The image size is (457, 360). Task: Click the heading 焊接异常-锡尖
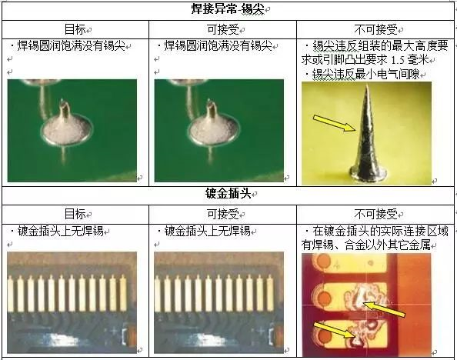click(228, 9)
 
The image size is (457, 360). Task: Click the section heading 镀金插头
click(228, 194)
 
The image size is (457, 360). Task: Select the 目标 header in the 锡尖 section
click(75, 29)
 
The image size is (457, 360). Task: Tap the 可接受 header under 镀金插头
click(223, 215)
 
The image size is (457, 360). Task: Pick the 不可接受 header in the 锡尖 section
click(376, 29)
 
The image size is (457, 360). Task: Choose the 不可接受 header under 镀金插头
click(376, 215)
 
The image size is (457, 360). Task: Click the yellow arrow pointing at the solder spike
click(335, 123)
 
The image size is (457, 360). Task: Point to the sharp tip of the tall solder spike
click(367, 85)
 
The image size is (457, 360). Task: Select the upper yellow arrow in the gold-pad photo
click(384, 309)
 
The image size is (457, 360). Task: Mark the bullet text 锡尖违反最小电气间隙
click(365, 74)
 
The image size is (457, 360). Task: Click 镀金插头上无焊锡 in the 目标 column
click(60, 232)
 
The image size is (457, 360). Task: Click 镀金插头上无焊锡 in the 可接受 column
click(207, 232)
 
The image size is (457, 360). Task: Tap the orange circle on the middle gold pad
click(323, 298)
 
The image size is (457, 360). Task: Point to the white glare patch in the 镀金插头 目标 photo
click(63, 340)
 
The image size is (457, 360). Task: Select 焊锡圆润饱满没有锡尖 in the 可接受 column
click(218, 45)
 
